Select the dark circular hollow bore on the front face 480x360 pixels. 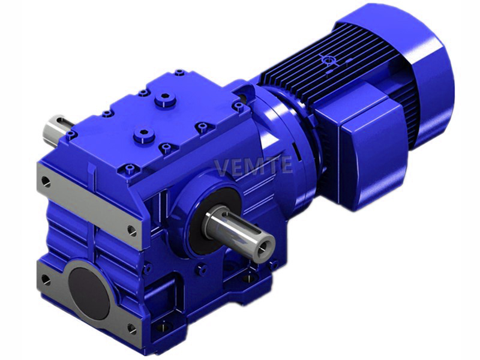coord(89,292)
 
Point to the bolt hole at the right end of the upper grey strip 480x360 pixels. coord(133,230)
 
